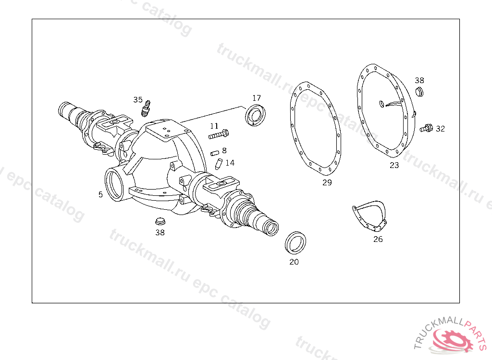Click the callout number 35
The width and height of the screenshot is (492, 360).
tap(138, 100)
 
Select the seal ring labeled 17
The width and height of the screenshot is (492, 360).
tap(255, 115)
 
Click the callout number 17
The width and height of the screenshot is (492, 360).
tap(257, 98)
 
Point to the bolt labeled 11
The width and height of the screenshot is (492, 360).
tap(219, 134)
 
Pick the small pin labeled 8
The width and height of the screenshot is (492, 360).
tap(215, 153)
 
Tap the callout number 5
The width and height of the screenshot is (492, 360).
tap(100, 194)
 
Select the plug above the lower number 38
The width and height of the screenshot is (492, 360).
tap(160, 221)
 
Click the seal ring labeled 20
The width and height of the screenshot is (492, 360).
tap(295, 243)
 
